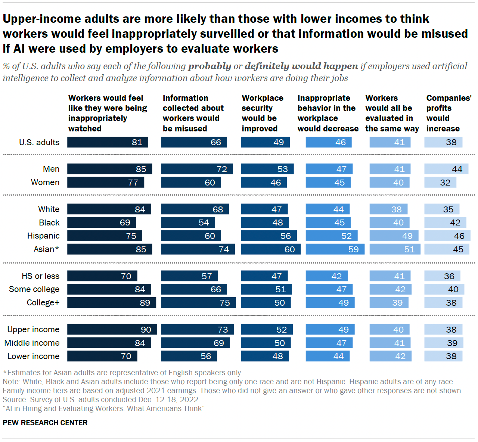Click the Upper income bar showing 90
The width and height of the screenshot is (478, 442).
(x=112, y=329)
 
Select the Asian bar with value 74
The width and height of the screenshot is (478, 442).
(x=198, y=249)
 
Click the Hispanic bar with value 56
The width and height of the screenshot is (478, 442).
(x=269, y=236)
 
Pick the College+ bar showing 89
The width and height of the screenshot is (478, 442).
(x=112, y=302)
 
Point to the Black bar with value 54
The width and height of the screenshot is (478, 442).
(x=188, y=222)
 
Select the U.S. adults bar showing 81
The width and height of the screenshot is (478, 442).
(x=108, y=142)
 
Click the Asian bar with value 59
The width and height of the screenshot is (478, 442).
(x=335, y=249)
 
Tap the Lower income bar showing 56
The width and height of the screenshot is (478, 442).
(x=189, y=356)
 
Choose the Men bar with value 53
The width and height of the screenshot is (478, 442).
(x=267, y=169)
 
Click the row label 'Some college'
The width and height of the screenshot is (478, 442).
(x=34, y=289)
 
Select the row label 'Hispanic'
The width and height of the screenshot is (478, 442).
(x=43, y=236)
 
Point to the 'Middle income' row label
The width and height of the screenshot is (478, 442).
(x=32, y=343)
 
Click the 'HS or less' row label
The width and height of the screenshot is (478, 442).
(x=40, y=276)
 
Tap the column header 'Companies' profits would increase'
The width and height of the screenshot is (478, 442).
(x=448, y=113)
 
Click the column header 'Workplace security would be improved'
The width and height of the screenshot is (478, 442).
(x=262, y=113)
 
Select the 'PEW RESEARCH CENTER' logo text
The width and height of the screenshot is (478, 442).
(x=45, y=423)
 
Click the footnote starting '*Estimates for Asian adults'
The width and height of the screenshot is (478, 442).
(x=123, y=373)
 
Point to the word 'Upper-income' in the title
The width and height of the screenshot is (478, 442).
(x=41, y=19)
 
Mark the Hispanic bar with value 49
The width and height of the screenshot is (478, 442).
(x=394, y=236)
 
